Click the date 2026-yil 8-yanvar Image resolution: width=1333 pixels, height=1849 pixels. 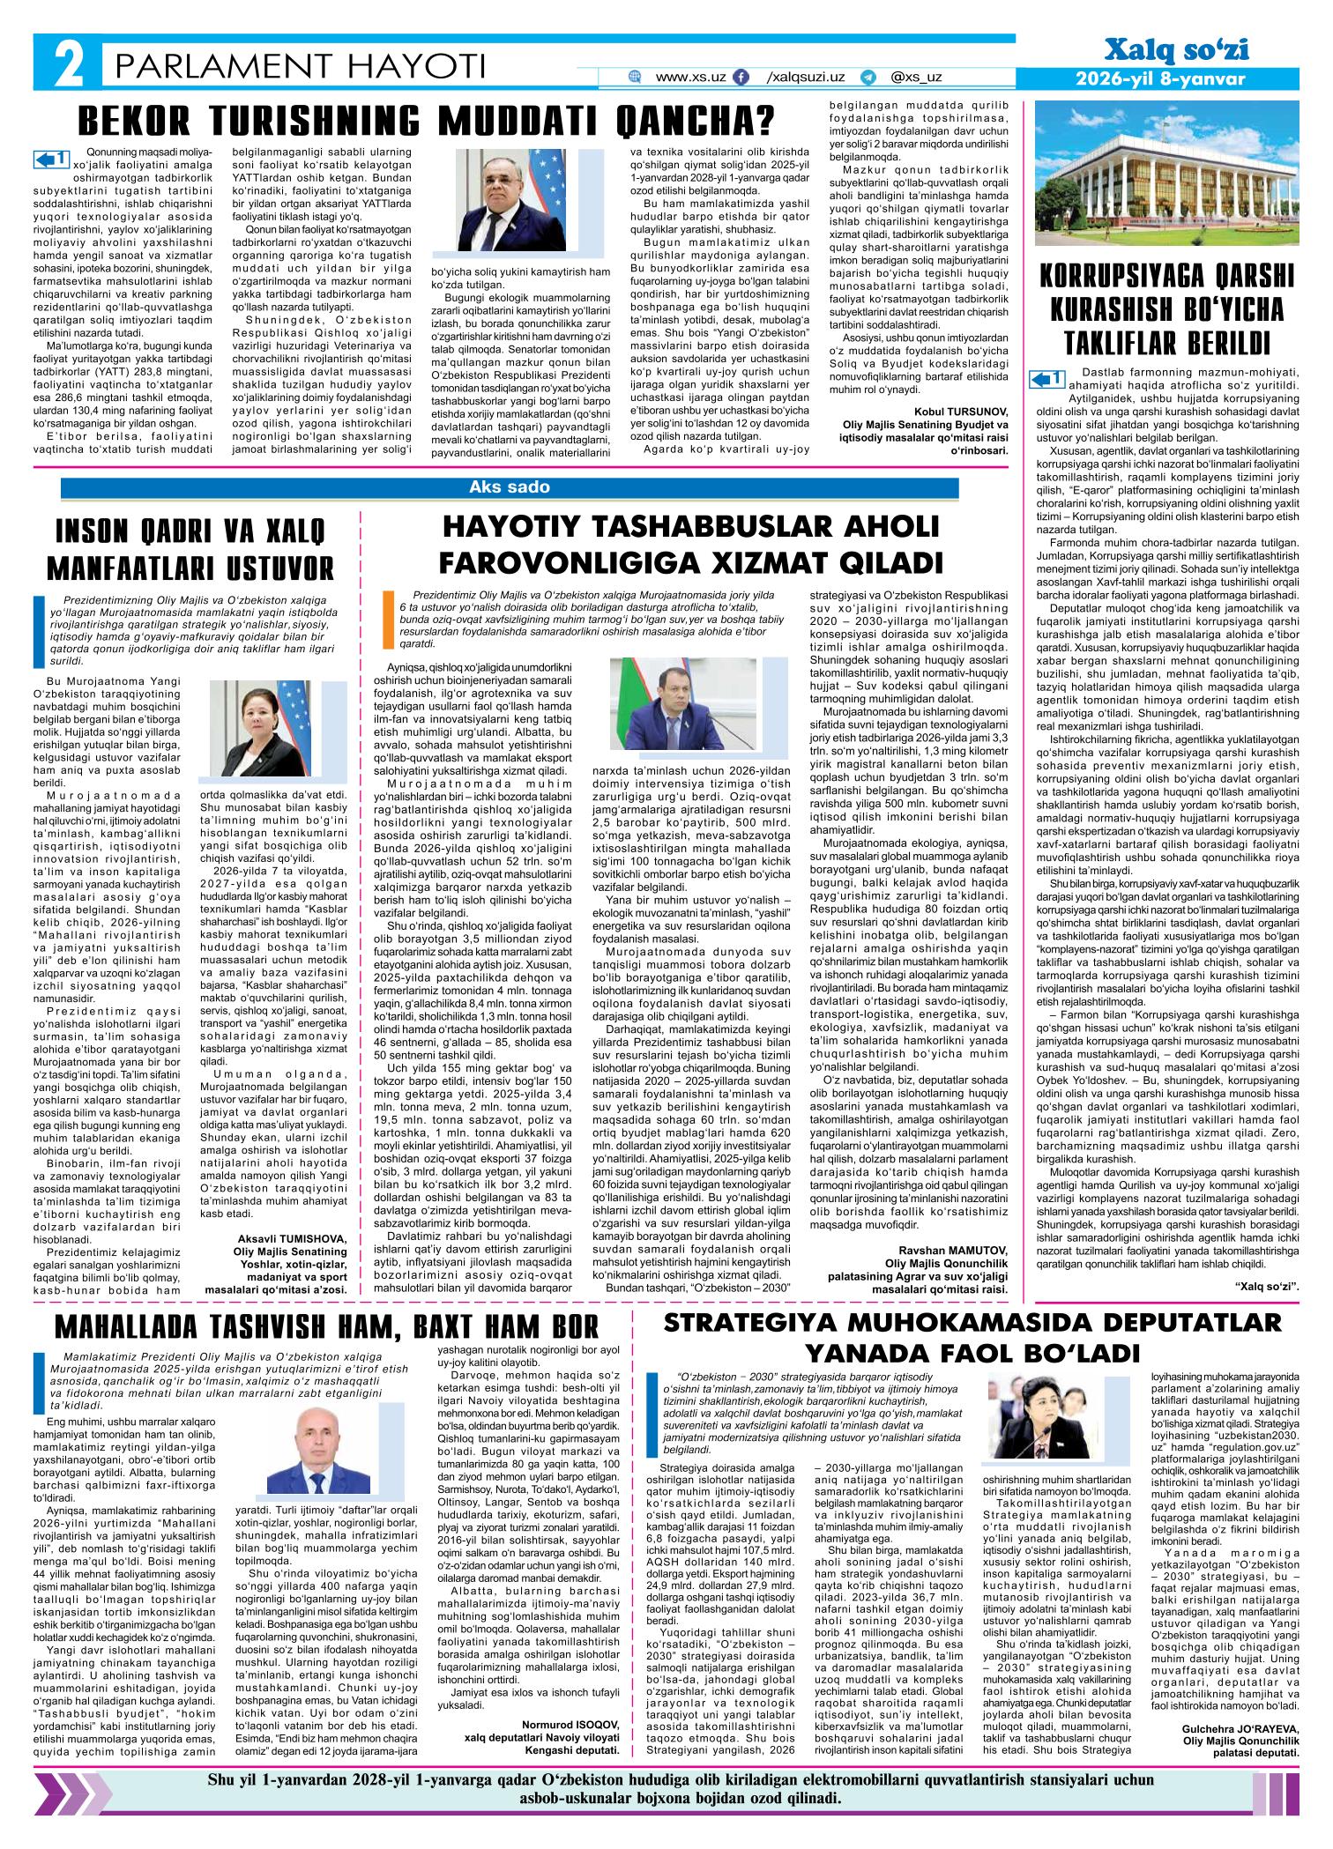(x=1159, y=78)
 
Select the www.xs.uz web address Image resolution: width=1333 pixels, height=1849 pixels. (x=690, y=78)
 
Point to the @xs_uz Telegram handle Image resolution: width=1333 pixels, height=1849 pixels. (x=916, y=78)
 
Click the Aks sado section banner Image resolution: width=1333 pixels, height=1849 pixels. (x=510, y=487)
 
